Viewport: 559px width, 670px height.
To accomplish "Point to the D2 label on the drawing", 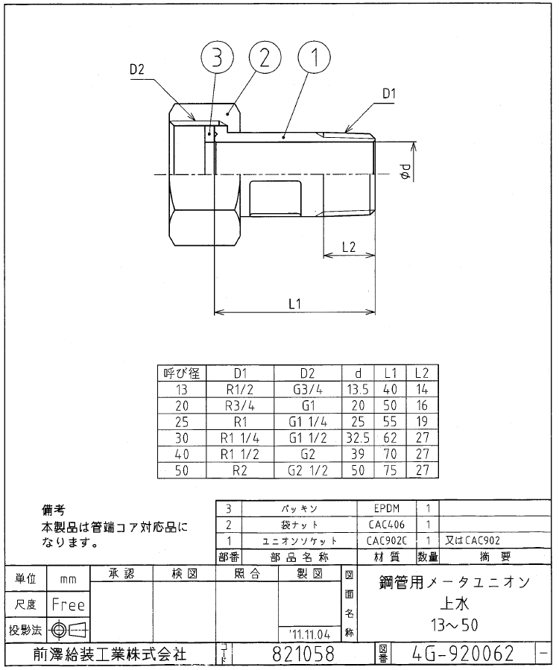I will [x=136, y=69].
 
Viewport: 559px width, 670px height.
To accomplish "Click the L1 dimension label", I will [x=294, y=303].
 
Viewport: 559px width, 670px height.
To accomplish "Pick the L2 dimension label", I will [x=347, y=247].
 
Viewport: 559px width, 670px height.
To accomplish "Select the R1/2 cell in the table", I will [x=240, y=389].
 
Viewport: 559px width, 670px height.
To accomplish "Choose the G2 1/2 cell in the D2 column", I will [x=308, y=470].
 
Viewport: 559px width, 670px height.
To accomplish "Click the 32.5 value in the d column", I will [x=359, y=437].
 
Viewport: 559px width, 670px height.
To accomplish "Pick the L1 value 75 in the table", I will [x=389, y=470].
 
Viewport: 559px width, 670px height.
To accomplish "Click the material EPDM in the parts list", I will [x=391, y=508].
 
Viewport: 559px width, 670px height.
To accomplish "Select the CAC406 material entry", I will [x=391, y=525].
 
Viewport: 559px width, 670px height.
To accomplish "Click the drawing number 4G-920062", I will [x=463, y=654].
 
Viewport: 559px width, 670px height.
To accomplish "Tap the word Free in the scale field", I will [x=68, y=604].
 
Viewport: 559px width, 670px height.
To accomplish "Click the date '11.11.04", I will [x=308, y=633].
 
